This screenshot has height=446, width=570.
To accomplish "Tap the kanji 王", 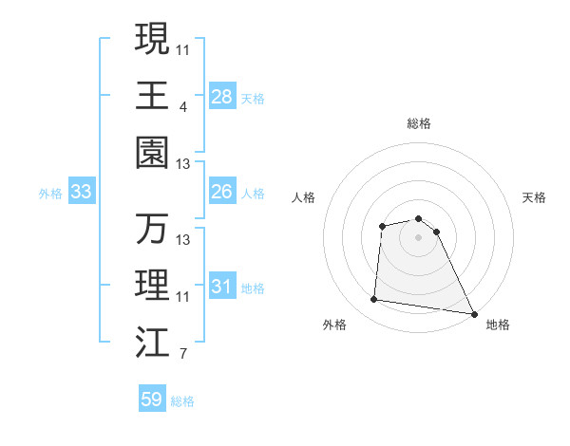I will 152,95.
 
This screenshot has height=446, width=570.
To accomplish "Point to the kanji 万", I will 152,229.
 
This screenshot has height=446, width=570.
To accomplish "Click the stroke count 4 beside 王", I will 182,107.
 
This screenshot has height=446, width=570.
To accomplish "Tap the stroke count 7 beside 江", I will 182,355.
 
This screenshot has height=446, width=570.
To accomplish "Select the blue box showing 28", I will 221,96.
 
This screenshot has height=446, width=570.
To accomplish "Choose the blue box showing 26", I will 221,192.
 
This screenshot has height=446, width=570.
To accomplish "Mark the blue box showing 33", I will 81,192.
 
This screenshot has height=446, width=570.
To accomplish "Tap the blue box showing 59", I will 151,400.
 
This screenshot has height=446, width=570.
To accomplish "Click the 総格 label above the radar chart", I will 419,123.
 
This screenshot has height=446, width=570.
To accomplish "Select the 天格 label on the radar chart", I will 535,197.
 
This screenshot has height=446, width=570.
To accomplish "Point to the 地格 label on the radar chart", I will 498,325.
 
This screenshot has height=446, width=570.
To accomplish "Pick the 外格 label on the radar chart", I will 334,325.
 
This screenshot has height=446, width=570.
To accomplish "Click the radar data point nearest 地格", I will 474,313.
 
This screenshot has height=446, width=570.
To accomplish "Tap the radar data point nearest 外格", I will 374,300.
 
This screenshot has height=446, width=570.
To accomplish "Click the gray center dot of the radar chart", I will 418,236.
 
